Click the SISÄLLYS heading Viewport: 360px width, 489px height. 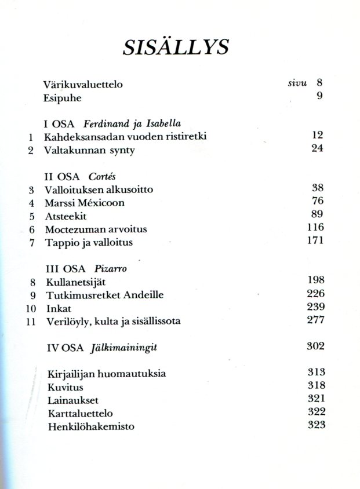point(176,46)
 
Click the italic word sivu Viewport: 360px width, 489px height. point(297,83)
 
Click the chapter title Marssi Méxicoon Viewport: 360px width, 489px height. point(84,203)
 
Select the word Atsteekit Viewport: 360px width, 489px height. point(66,216)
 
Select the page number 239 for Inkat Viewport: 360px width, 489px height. point(315,307)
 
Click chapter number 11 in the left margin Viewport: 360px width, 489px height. point(31,322)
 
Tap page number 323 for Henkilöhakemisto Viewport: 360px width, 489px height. point(315,425)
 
